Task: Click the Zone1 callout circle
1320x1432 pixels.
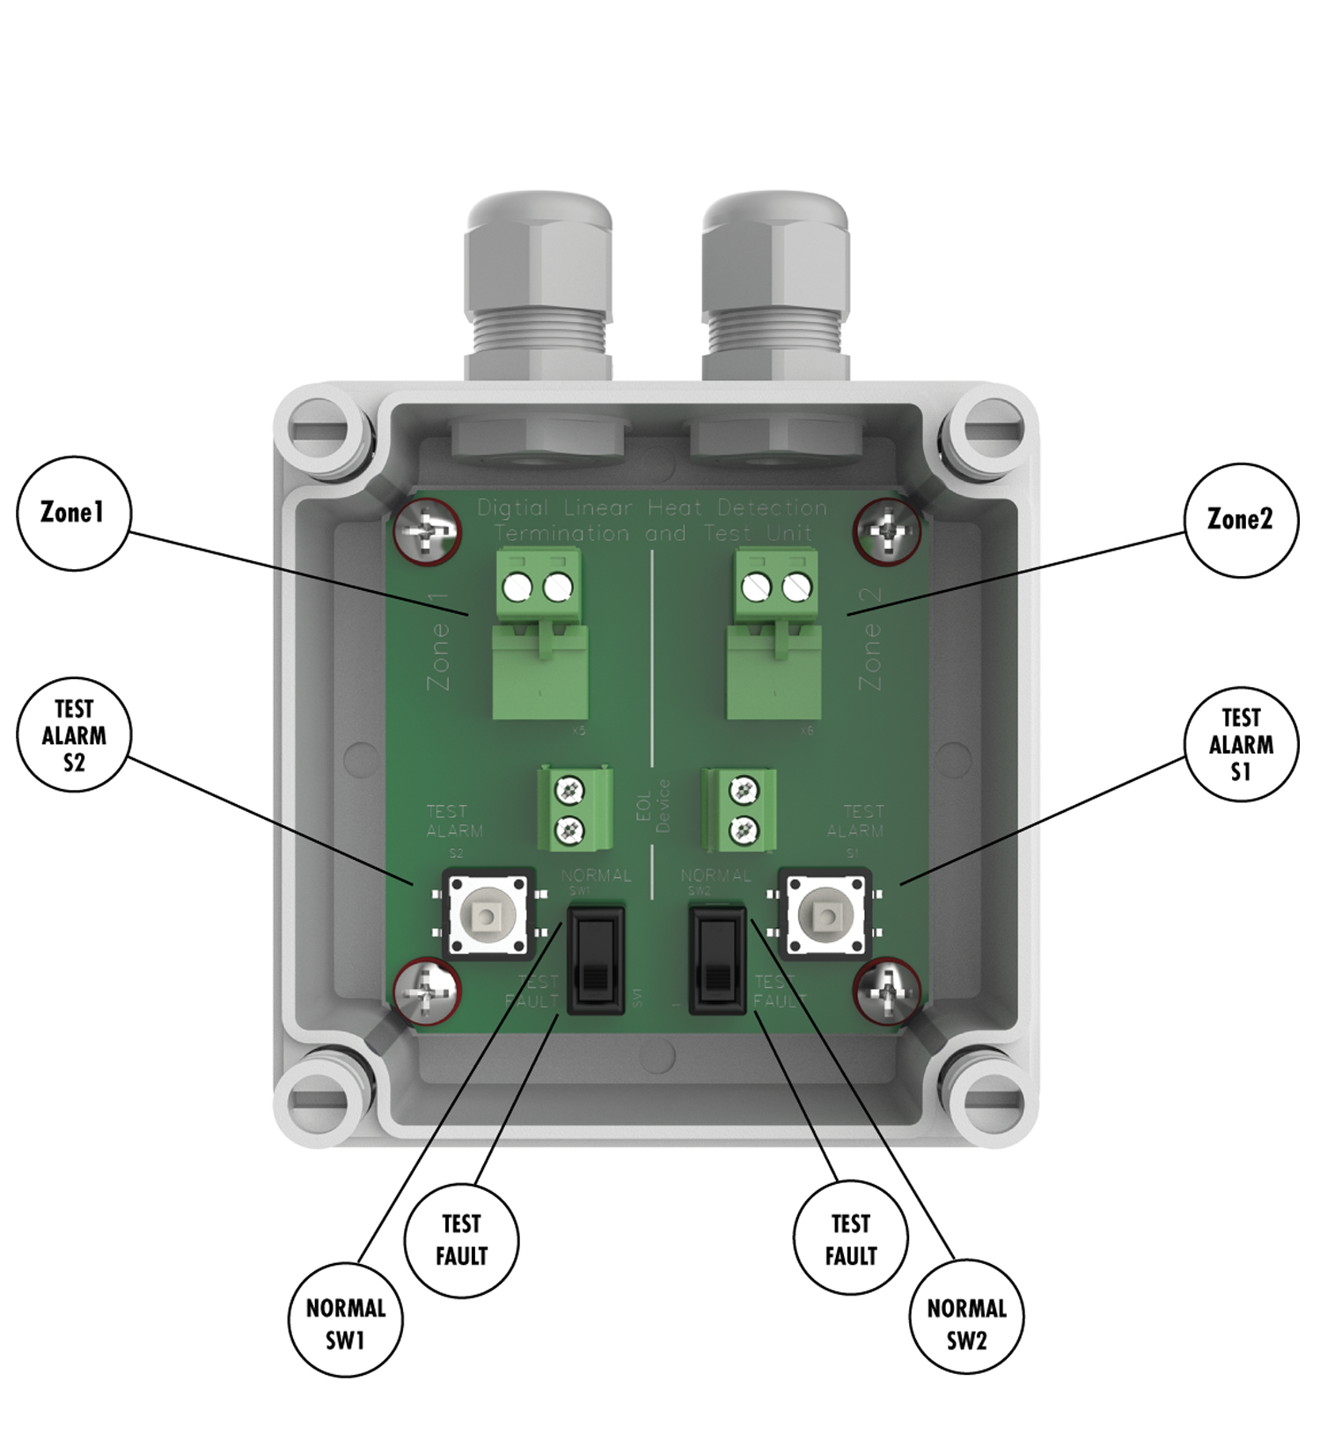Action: (x=74, y=514)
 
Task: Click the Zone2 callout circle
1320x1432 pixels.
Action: (x=1240, y=520)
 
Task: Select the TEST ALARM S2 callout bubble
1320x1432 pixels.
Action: (x=74, y=735)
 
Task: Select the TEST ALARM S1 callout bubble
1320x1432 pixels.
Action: (x=1241, y=744)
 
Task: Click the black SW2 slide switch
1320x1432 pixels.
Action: (x=716, y=961)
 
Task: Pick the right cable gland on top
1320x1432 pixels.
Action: (x=774, y=290)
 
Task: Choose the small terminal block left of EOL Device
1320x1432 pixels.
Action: (x=576, y=808)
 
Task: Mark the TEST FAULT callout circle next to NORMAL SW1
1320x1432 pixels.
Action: (x=461, y=1240)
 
